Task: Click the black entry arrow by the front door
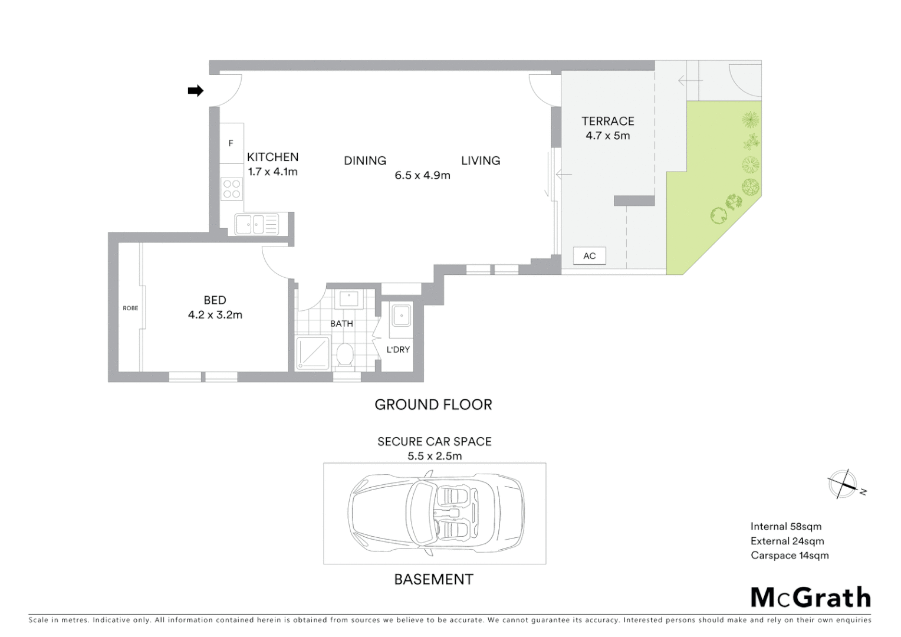pyautogui.click(x=195, y=91)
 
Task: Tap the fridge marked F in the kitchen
pyautogui.click(x=231, y=143)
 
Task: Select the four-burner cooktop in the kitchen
pyautogui.click(x=232, y=189)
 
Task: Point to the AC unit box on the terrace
pyautogui.click(x=589, y=256)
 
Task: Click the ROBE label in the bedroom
pyautogui.click(x=130, y=308)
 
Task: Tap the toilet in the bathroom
pyautogui.click(x=344, y=355)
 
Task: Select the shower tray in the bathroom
pyautogui.click(x=313, y=353)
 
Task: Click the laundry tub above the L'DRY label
pyautogui.click(x=402, y=316)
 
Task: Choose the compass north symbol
pyautogui.click(x=843, y=485)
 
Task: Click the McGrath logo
pyautogui.click(x=810, y=597)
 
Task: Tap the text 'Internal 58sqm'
pyautogui.click(x=785, y=527)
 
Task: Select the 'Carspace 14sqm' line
pyautogui.click(x=790, y=556)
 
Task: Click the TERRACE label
pyautogui.click(x=607, y=121)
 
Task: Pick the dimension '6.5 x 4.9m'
pyautogui.click(x=422, y=175)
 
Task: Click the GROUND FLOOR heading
pyautogui.click(x=433, y=405)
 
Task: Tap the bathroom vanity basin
pyautogui.click(x=348, y=298)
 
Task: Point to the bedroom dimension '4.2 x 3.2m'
pyautogui.click(x=215, y=315)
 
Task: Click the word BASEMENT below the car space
pyautogui.click(x=433, y=579)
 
